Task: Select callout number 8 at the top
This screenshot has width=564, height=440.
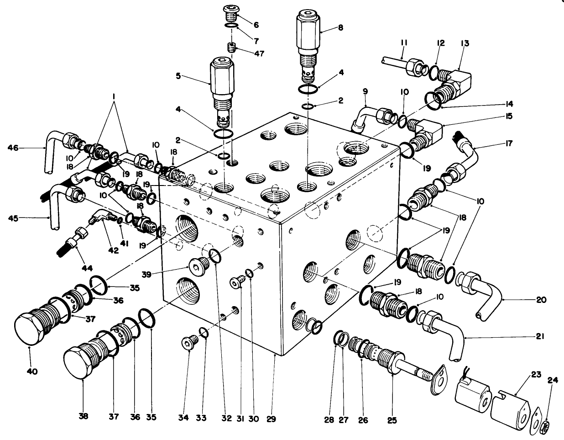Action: click(340, 27)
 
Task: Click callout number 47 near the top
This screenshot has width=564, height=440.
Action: click(260, 53)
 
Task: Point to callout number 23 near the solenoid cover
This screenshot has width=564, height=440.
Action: click(535, 375)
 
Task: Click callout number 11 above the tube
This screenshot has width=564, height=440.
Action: click(403, 42)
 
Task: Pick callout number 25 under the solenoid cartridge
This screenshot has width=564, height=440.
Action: click(392, 418)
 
